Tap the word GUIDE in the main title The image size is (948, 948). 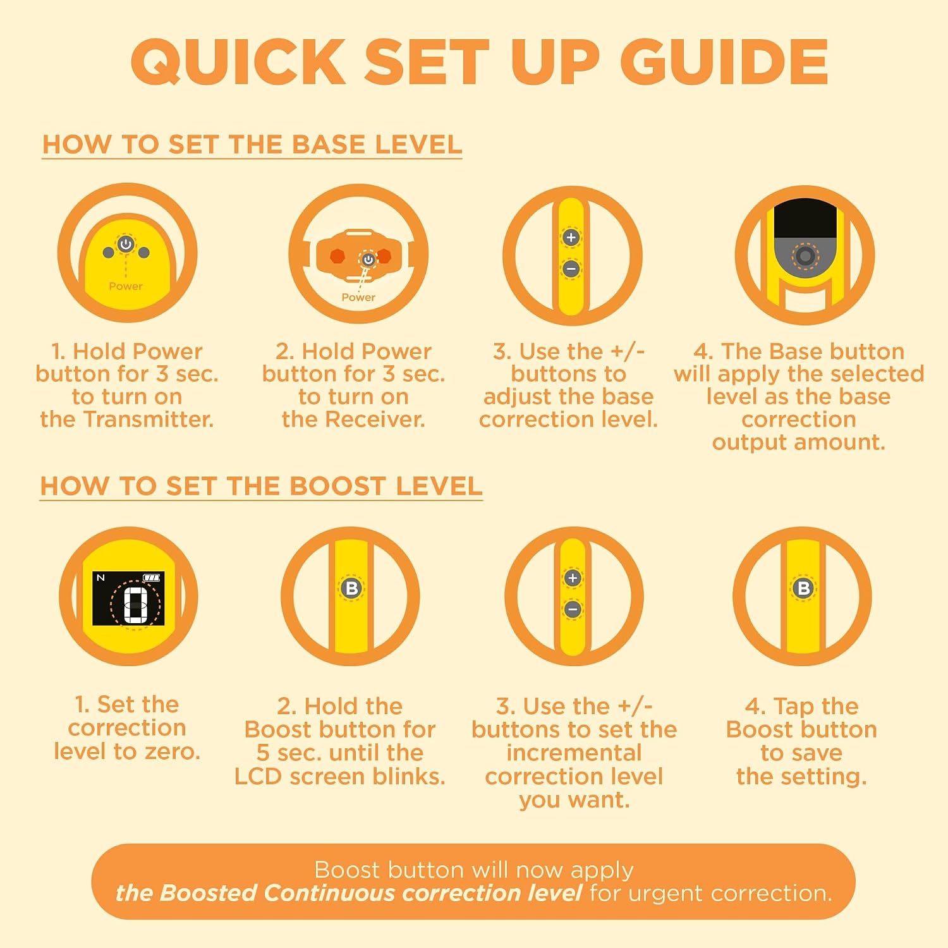(724, 61)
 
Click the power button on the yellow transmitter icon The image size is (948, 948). (126, 244)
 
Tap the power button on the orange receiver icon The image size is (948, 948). (368, 260)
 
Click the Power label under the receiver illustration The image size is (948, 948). (358, 297)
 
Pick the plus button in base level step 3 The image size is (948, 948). (571, 238)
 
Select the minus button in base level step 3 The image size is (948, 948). (571, 269)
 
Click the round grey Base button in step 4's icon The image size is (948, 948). (805, 256)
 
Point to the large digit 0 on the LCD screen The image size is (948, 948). (135, 605)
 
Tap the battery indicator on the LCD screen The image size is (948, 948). (152, 578)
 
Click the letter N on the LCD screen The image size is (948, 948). (100, 578)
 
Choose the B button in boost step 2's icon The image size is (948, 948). (351, 588)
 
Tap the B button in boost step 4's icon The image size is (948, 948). (803, 588)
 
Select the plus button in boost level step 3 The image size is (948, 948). (573, 578)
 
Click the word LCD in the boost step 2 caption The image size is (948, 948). (258, 777)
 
